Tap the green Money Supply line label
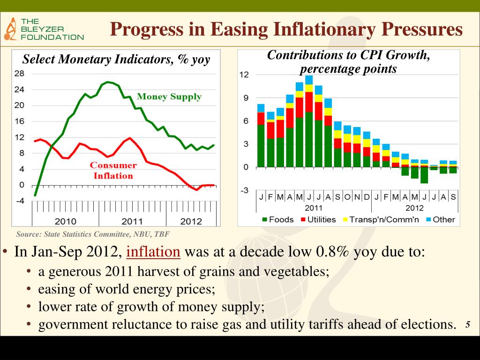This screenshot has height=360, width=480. coord(169,97)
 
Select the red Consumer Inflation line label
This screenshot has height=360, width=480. coord(113,171)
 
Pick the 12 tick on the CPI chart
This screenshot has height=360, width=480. coord(244,75)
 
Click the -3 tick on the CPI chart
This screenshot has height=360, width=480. coord(244,190)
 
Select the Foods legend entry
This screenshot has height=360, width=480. coord(277,219)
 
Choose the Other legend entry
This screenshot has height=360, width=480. coord(439,219)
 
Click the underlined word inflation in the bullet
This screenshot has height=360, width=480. coord(153,252)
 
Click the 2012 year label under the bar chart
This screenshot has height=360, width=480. coord(414,208)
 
